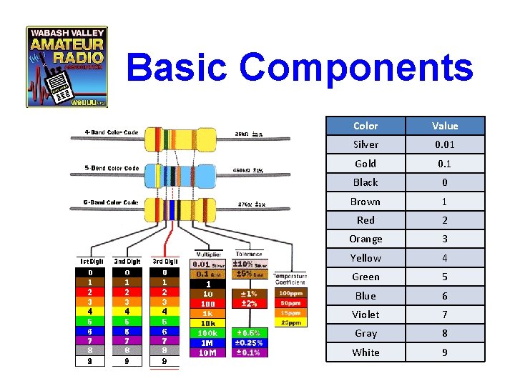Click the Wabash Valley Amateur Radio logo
(67, 66)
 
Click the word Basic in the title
(179, 69)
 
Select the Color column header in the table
(366, 126)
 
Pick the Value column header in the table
(445, 126)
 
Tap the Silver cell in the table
(366, 144)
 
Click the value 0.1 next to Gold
(445, 164)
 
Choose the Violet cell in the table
(366, 315)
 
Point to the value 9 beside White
(445, 352)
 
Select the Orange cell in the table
(366, 239)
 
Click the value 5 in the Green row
(445, 277)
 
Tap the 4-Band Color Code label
(112, 132)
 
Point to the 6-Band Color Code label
(112, 202)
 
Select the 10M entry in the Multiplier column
(208, 352)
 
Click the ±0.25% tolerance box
(249, 342)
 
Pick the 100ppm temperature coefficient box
(290, 293)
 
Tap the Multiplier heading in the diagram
(208, 254)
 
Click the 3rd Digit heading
(165, 261)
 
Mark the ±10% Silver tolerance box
(249, 264)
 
